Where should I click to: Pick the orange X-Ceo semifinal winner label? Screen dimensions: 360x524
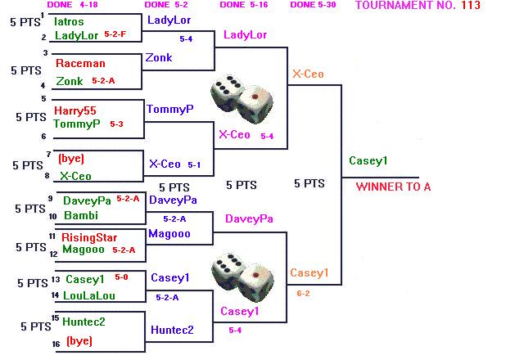pos(308,74)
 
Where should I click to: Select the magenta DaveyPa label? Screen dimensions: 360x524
pos(249,218)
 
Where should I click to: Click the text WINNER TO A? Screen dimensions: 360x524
pos(393,187)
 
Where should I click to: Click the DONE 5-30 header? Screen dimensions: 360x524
pos(314,6)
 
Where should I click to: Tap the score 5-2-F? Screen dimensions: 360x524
pos(115,35)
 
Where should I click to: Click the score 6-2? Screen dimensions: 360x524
pos(303,292)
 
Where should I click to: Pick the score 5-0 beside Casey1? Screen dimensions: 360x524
pos(121,277)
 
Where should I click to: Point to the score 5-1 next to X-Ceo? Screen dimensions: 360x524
pos(194,164)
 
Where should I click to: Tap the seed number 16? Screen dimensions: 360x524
pos(56,344)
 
